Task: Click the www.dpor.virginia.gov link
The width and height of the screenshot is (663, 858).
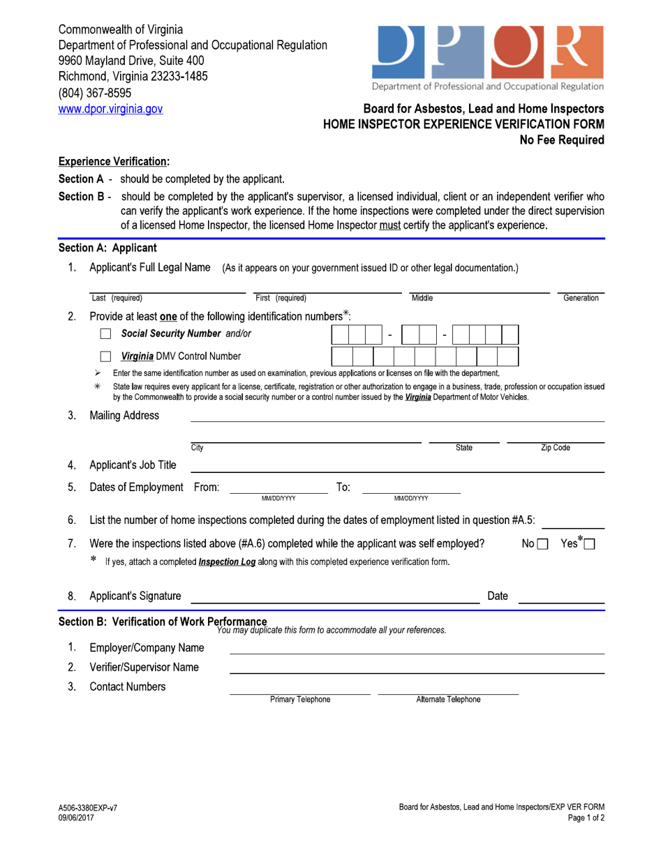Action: tap(110, 109)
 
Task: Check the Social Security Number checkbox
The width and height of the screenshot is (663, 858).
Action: tap(106, 334)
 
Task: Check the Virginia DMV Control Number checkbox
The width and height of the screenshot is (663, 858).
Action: tap(106, 357)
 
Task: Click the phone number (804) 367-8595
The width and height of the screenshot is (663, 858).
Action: tap(94, 93)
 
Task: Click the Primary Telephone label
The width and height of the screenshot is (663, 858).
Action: tap(300, 700)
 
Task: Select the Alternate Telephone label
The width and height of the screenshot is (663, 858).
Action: tap(448, 700)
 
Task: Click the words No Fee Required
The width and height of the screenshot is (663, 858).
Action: tap(562, 140)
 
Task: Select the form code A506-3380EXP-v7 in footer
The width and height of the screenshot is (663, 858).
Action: tap(88, 808)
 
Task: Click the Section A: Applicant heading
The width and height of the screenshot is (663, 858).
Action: tap(107, 248)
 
